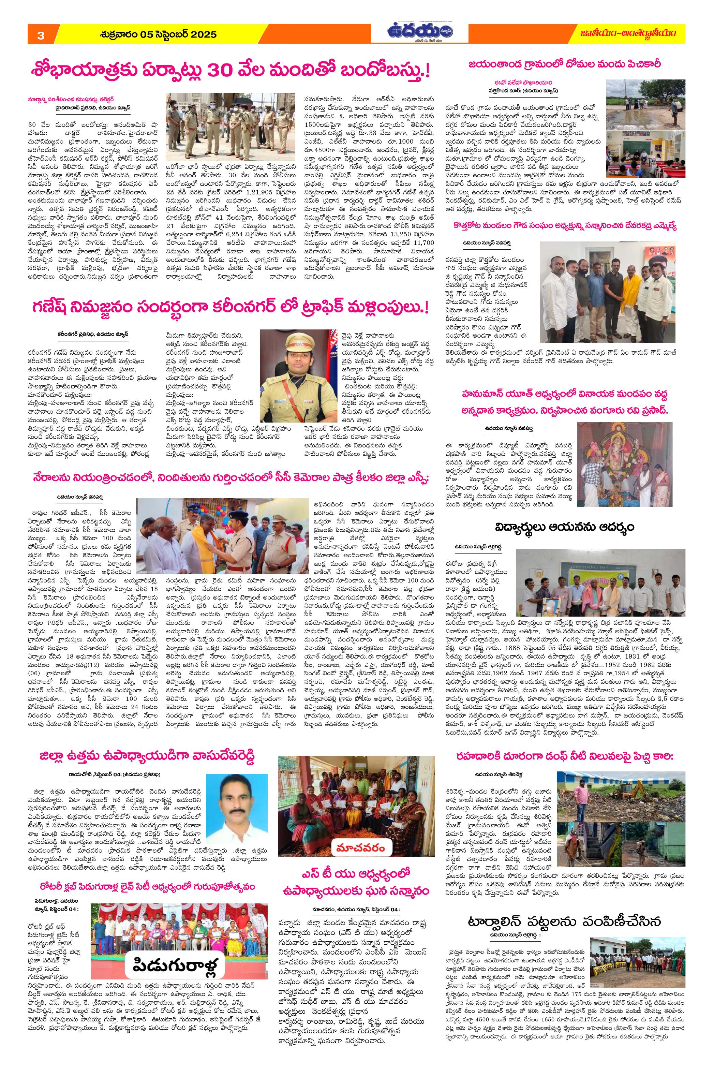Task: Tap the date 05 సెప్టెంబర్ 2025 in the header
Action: [158, 34]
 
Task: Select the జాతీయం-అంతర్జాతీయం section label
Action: [628, 34]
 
